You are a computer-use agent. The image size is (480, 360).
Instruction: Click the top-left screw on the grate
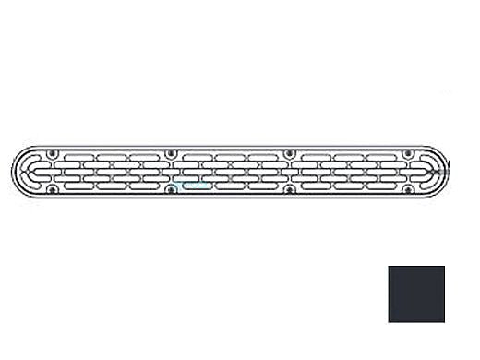coord(53,152)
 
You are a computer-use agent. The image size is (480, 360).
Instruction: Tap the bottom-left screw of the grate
coord(53,190)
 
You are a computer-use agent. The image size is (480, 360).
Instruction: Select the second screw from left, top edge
coord(171,152)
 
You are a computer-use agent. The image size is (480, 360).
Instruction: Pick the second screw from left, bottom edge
coord(171,190)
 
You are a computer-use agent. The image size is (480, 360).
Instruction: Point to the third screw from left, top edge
coord(290,152)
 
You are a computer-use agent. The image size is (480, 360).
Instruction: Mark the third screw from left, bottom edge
coord(290,190)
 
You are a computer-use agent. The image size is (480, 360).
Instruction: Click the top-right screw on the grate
coord(409,152)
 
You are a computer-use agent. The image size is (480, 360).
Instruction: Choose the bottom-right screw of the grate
coord(409,190)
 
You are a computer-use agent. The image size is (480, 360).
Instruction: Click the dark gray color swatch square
coord(416,294)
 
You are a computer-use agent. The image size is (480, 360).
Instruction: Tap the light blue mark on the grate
coord(193,184)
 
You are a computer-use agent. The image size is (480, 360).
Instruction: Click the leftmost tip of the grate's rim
coord(11,172)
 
